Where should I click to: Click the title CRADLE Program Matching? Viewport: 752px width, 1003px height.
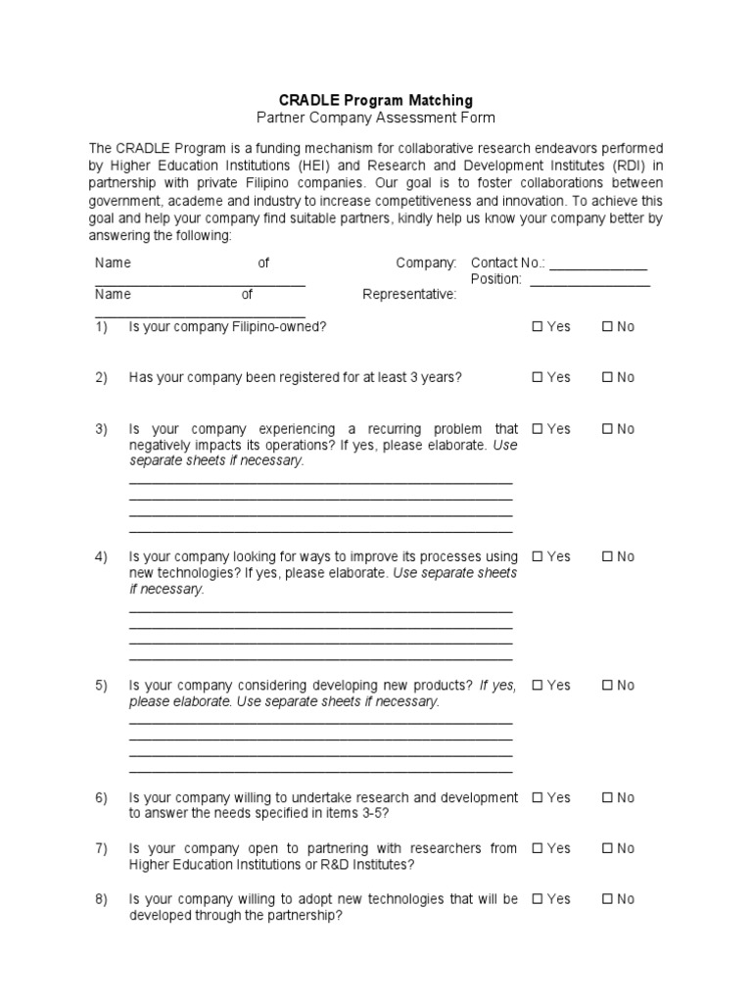pos(376,100)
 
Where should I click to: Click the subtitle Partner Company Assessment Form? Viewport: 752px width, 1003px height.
pos(376,118)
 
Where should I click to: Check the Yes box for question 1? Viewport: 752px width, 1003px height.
pos(537,327)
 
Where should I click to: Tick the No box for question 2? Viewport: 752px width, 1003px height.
pos(607,378)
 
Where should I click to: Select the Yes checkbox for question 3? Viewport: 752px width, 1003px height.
pos(537,429)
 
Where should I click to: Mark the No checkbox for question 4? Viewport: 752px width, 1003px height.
pos(607,556)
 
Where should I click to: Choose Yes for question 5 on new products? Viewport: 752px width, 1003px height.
pos(537,686)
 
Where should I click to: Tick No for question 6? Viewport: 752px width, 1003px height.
pos(607,798)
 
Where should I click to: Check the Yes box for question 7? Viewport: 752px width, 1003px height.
pos(537,848)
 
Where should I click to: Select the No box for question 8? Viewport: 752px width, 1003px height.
pos(607,899)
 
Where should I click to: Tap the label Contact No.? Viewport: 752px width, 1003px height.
pos(507,263)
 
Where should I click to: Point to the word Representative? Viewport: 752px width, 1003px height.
pos(409,295)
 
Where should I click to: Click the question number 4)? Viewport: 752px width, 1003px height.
pos(101,556)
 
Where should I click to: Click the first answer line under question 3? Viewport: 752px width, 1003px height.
pos(320,482)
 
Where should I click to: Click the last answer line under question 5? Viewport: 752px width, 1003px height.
pos(320,771)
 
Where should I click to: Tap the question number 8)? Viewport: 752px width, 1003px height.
pos(101,899)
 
